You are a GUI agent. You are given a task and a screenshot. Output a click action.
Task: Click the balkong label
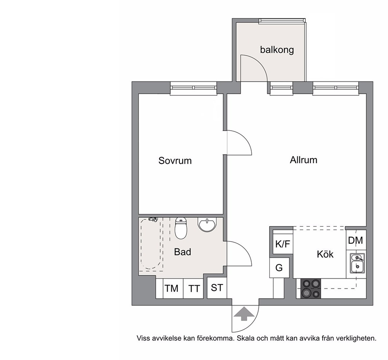pos(277,50)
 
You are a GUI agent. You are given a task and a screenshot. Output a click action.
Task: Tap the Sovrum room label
pos(175,161)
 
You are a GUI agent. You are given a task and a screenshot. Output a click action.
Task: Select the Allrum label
pos(304,160)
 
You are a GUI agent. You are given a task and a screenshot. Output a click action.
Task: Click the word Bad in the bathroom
pos(183,252)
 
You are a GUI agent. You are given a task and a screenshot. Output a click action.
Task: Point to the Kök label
pos(325,254)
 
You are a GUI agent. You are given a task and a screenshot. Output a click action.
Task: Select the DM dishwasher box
pos(356,240)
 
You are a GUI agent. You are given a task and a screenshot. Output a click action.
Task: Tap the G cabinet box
pos(279,268)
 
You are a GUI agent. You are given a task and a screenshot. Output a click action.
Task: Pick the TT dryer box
pos(193,288)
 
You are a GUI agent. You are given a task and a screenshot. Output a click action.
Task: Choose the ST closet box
pos(217,288)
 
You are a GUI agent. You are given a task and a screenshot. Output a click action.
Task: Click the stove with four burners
pos(311,288)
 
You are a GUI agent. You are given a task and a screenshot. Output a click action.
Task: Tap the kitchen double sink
pos(357,263)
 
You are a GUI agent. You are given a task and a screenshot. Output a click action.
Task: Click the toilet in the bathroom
pos(181,228)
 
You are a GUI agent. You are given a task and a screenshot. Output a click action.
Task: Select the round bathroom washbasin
pos(207,225)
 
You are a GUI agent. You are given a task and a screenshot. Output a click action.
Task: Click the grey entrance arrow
pos(244,314)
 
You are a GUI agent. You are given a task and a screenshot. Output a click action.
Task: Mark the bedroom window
pos(194,88)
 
